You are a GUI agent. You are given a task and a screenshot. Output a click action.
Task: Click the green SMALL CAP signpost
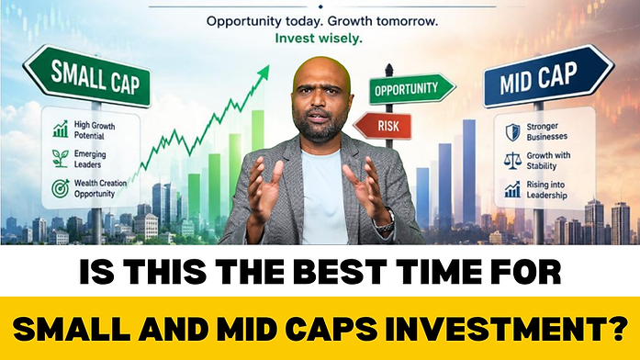pos(88,76)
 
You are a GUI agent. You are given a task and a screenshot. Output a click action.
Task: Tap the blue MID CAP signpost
pos(548,76)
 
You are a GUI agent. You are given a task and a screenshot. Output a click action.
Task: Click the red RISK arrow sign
pos(383,125)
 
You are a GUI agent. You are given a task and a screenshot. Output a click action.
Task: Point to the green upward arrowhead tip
pos(269,65)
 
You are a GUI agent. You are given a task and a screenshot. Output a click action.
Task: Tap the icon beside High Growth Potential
pos(61,129)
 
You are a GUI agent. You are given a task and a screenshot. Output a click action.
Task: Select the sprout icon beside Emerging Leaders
pos(61,158)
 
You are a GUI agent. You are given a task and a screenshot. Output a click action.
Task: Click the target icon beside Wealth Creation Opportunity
pos(61,188)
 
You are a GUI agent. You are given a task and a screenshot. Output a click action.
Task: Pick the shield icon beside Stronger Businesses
pos(512,132)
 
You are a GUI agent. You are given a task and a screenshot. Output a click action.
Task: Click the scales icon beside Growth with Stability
pos(512,162)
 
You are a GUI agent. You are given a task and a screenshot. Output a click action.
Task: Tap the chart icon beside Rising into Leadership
pos(512,190)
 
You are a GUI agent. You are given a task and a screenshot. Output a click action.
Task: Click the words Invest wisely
pos(319,39)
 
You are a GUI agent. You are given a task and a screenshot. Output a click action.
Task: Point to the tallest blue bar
pos(469,172)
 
